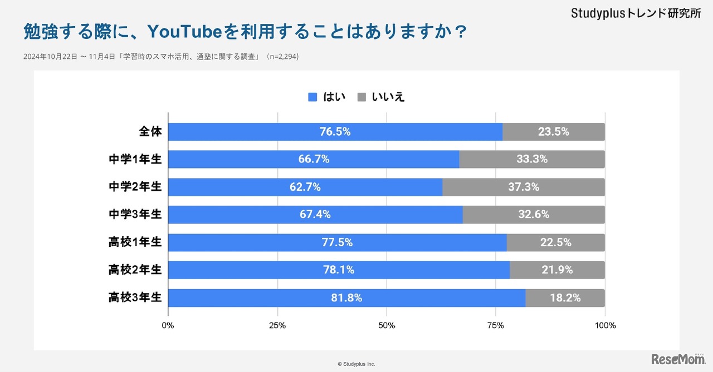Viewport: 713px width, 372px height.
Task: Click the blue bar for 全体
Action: click(x=335, y=132)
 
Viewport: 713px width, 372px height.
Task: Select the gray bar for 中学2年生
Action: click(x=524, y=187)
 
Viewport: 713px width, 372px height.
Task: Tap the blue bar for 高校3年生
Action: click(x=346, y=298)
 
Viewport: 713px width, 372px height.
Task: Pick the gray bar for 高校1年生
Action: click(x=555, y=242)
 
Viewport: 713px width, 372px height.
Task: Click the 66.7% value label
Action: click(x=314, y=160)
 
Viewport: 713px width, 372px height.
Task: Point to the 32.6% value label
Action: click(x=534, y=215)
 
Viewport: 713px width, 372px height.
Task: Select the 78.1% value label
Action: click(x=339, y=270)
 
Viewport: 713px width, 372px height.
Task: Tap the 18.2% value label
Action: click(x=565, y=298)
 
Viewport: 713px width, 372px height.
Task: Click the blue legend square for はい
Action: click(x=312, y=97)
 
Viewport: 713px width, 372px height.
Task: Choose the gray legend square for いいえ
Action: click(x=362, y=97)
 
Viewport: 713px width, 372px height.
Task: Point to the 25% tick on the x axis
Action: click(x=277, y=325)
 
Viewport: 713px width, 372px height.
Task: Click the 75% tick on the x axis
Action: click(x=496, y=325)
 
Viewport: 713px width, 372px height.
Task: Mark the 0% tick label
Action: click(x=168, y=325)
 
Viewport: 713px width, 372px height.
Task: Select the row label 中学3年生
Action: click(x=135, y=215)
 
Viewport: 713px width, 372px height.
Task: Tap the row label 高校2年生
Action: click(x=135, y=270)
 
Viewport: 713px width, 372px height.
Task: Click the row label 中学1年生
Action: click(x=135, y=160)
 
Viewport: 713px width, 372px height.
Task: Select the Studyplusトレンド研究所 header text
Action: click(x=636, y=14)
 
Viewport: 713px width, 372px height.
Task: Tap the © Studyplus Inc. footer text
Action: click(x=356, y=364)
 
